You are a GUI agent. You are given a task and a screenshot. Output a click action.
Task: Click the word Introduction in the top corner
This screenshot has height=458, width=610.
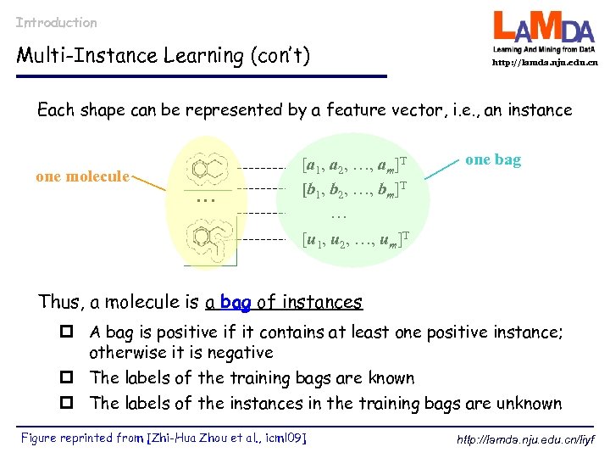(x=56, y=23)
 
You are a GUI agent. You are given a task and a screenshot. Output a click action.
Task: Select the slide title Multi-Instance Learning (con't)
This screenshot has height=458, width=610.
(x=164, y=56)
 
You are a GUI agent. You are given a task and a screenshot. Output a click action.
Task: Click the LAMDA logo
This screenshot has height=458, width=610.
(x=545, y=33)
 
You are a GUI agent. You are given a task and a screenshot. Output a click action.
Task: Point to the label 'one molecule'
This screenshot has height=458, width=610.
(x=82, y=176)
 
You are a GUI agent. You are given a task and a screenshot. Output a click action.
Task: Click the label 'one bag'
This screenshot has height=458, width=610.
(x=493, y=159)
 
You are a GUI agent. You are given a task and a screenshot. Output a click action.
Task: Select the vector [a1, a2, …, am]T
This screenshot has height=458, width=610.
(x=355, y=163)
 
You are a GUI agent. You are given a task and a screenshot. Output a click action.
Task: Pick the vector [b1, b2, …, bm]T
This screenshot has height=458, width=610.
(x=355, y=189)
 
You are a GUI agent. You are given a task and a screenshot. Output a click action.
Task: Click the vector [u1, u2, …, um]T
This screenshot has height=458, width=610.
(x=355, y=239)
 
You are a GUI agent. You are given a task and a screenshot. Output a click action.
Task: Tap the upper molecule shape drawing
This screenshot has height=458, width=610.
(x=208, y=169)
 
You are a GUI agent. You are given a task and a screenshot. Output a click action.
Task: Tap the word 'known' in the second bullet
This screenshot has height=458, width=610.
(x=386, y=377)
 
